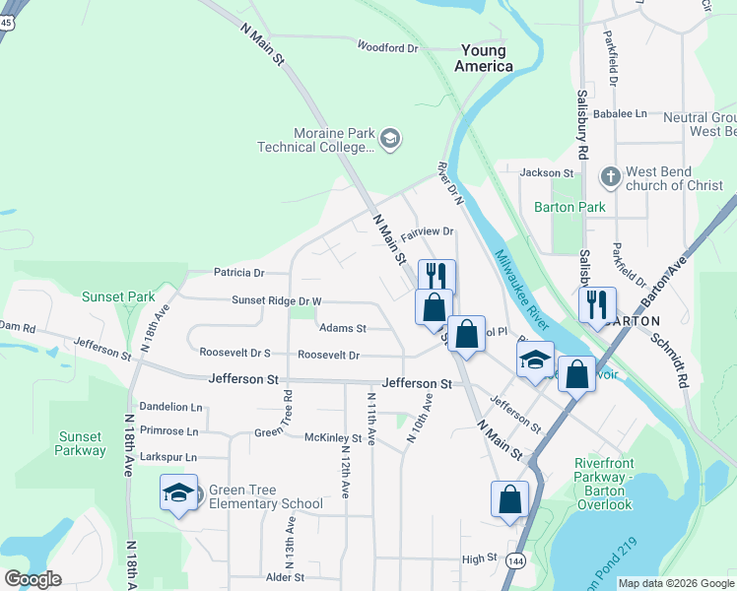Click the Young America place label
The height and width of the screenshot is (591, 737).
coord(483,58)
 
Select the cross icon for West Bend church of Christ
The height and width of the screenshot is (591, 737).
coord(610,177)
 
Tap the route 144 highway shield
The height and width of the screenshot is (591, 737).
coord(514,560)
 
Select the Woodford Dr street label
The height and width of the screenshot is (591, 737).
coord(387,46)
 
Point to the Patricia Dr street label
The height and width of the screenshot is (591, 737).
coord(238,273)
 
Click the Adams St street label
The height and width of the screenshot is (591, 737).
coord(342,328)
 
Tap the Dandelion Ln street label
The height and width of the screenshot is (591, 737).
coord(169,406)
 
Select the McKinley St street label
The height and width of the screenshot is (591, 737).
coord(333,437)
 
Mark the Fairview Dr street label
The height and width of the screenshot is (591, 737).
coord(426,231)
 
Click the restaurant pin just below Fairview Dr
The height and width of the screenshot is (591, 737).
coord(436,277)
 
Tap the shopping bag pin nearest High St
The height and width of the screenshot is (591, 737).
coord(509,499)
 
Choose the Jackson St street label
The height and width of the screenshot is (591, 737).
coord(547,172)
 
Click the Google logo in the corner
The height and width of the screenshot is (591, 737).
coord(33,579)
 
